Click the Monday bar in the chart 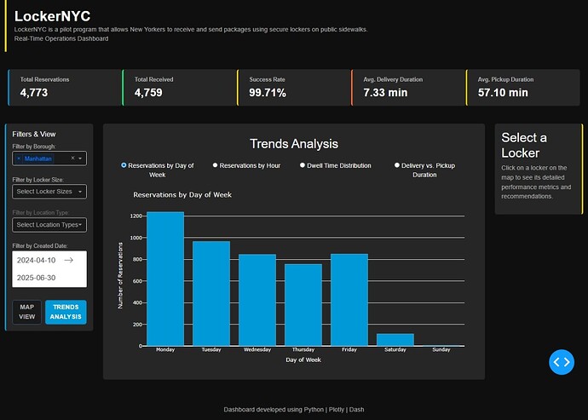click(x=165, y=279)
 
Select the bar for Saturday click(x=395, y=340)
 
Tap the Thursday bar click(x=303, y=305)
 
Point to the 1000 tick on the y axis click(x=136, y=238)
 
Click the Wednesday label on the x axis click(x=257, y=349)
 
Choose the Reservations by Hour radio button click(x=216, y=165)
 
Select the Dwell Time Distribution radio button click(x=303, y=165)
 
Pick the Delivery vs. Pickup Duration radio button click(x=397, y=165)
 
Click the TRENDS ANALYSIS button click(x=66, y=312)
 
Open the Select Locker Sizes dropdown click(x=49, y=192)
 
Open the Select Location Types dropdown click(x=49, y=225)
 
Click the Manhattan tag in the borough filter click(x=37, y=158)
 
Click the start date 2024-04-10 click(x=36, y=260)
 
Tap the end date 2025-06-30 click(x=36, y=278)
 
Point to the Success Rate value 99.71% click(x=268, y=93)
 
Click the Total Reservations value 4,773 click(x=34, y=93)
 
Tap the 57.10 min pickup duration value click(x=503, y=93)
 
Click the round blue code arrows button click(x=562, y=362)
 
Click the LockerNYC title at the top click(x=52, y=16)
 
